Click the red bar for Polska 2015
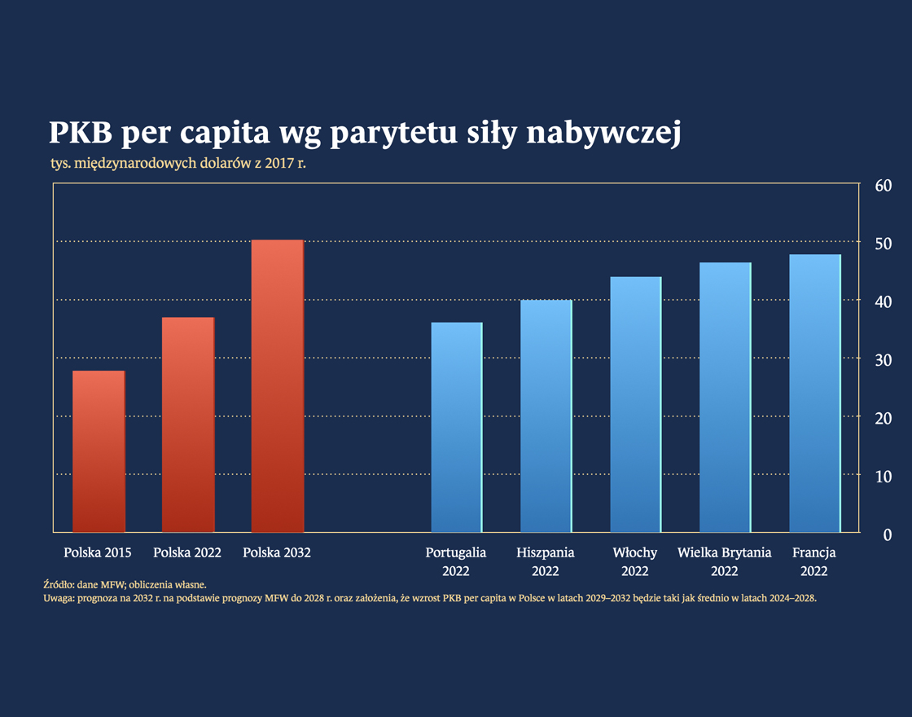coord(99,451)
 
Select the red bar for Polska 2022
coord(188,424)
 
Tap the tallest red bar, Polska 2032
coord(278,386)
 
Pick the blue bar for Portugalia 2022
coord(457,427)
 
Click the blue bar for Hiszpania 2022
coord(546,416)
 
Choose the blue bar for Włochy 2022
coord(636,404)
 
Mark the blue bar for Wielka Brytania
coord(726,397)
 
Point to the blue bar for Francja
coord(815,393)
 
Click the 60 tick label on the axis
coord(883,186)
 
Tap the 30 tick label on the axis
coord(883,360)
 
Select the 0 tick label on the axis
coord(888,534)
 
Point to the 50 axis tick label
coord(883,244)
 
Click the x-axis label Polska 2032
coord(277,552)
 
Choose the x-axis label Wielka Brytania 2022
coord(725,561)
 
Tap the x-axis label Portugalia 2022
coord(456,561)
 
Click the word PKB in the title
coord(81,134)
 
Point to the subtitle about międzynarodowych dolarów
coord(182,163)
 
